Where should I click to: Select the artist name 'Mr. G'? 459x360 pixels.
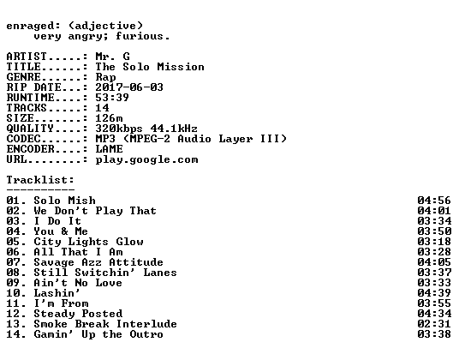112,56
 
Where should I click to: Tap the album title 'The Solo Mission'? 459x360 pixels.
150,67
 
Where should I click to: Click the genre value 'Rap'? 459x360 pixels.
105,77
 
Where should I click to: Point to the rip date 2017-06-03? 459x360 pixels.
129,87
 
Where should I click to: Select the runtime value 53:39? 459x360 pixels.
112,97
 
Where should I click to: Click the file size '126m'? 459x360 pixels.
109,117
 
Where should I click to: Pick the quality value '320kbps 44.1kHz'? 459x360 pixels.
146,129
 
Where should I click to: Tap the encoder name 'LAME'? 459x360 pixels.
109,149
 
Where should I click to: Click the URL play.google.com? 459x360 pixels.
146,160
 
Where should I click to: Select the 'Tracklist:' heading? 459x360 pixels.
40,179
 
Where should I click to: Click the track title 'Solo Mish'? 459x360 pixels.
64,201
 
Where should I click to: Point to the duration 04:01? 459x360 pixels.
434,211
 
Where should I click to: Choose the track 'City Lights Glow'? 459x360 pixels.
88,242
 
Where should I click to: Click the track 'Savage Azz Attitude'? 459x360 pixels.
98,262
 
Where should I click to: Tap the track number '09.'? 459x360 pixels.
16,283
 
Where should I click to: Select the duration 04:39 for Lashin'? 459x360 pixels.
434,293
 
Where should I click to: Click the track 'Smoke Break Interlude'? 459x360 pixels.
105,324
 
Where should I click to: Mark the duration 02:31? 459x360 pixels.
434,324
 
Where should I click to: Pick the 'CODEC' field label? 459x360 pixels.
23,139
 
